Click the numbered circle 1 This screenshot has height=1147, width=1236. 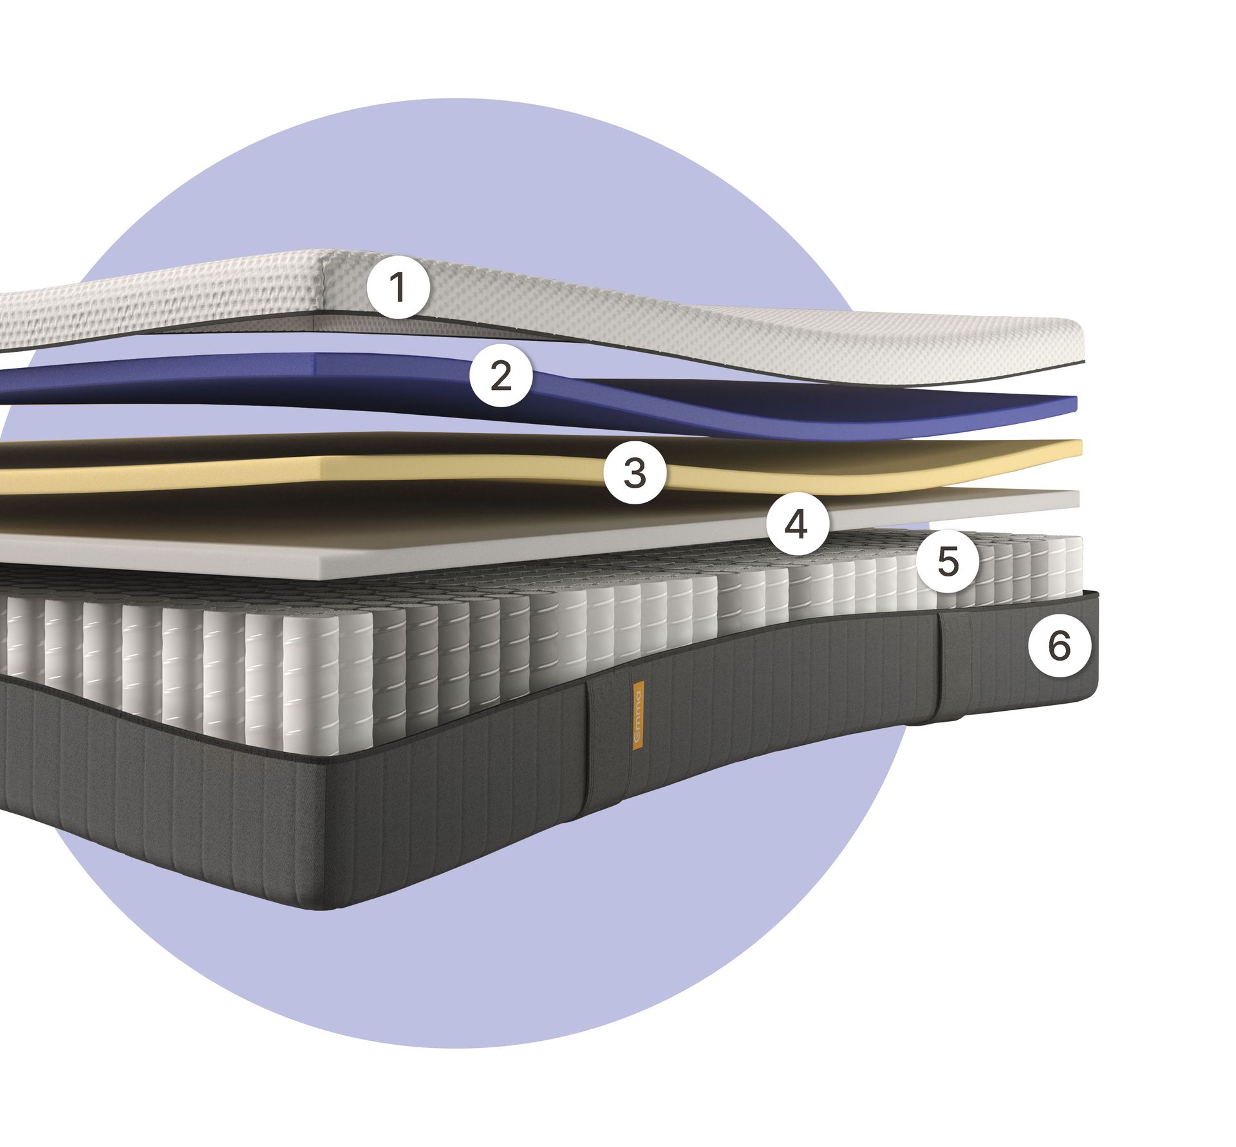[398, 287]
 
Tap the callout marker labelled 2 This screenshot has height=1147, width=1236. [501, 375]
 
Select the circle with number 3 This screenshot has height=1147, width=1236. [635, 473]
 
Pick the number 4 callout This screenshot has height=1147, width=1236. [796, 524]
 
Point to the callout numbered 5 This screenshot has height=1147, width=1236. [948, 562]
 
